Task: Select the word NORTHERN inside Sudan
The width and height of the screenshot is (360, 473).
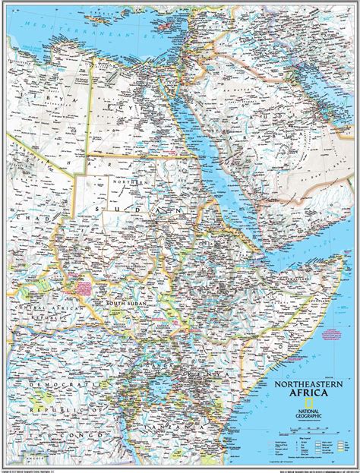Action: [125, 182]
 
